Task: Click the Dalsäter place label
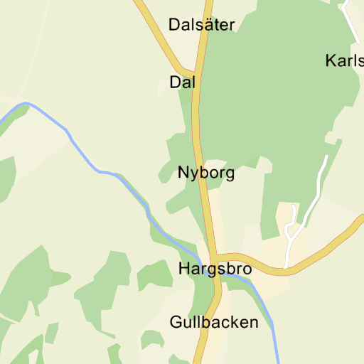click(201, 25)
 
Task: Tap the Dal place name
click(183, 82)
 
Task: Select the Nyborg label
click(206, 173)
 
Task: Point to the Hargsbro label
click(215, 269)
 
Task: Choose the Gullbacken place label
click(214, 323)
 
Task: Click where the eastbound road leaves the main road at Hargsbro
click(215, 257)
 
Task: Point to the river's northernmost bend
click(26, 104)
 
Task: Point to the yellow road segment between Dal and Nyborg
click(197, 124)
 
